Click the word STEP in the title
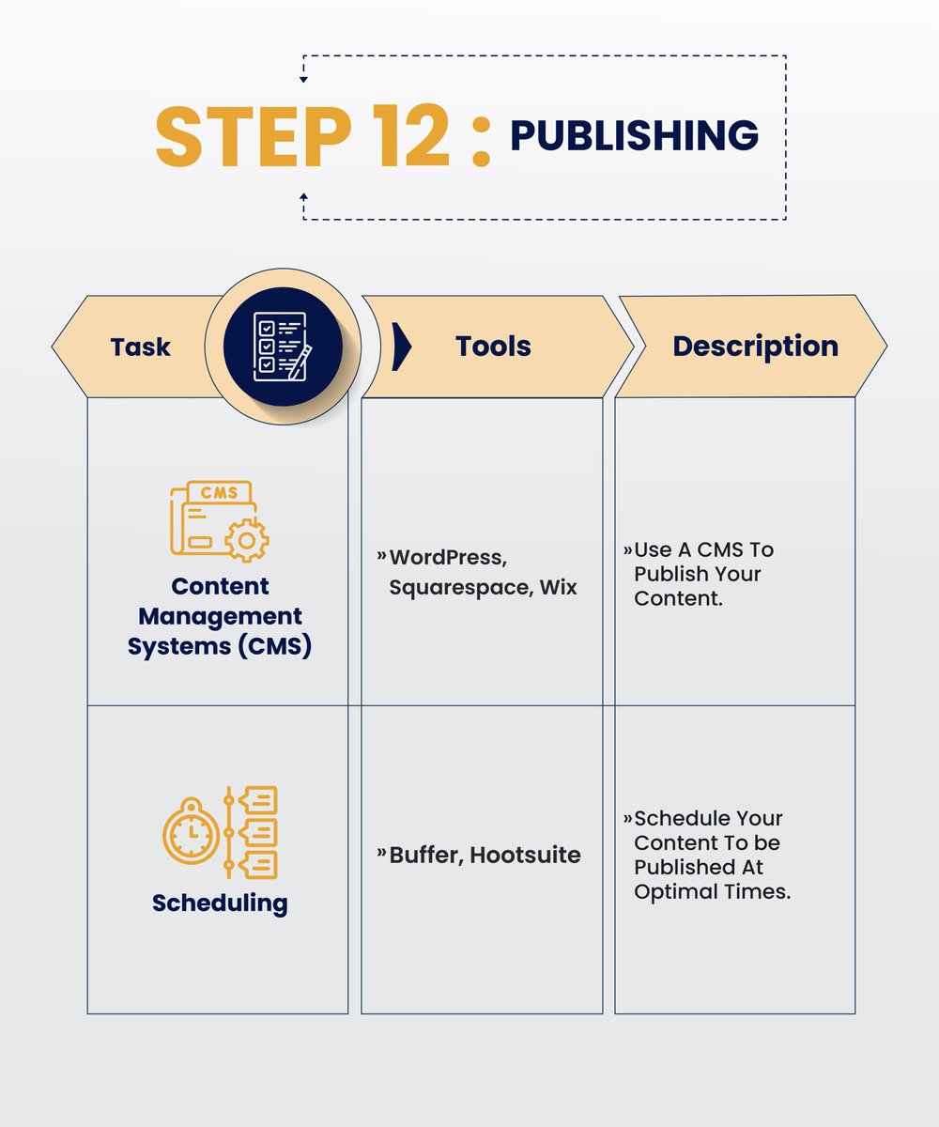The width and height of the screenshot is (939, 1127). coord(254,136)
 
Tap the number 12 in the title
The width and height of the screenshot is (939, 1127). coord(410,136)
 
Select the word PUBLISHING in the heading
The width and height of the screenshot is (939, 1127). coord(635,135)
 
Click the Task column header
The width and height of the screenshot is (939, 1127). coord(140,347)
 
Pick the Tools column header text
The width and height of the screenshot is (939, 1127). coord(493,346)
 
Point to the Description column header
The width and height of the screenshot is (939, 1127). coord(756,347)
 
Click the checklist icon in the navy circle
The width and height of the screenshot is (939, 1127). coord(283,347)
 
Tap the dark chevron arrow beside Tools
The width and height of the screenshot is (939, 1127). coord(402,347)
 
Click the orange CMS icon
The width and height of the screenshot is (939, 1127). coord(219,521)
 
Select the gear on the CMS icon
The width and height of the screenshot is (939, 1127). coord(247,540)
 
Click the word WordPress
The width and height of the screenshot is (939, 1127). coord(448,558)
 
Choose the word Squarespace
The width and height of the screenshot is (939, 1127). coord(461,588)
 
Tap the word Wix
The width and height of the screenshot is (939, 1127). coord(558,587)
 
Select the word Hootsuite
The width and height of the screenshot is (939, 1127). coord(525,855)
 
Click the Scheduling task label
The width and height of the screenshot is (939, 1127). coord(220,903)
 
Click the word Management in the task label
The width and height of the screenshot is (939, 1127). coord(220,616)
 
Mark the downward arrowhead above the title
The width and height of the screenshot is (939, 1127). coord(304,79)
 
